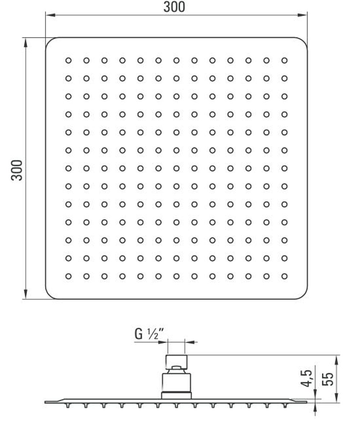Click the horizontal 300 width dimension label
coord(174,7)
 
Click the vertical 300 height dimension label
coord(17,170)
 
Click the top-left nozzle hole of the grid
coord(68,60)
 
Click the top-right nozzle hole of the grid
coord(284,60)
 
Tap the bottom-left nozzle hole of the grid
coord(68,276)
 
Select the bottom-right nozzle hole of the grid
coord(284,276)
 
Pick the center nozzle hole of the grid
coord(176,168)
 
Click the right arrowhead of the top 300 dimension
coord(302,15)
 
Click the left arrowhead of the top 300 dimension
coord(50,15)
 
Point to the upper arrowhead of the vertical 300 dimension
coord(26,43)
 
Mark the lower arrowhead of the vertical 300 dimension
coord(26,294)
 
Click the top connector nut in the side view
coord(176,362)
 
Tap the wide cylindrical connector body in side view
coord(176,382)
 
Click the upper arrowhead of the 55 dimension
coord(337,360)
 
